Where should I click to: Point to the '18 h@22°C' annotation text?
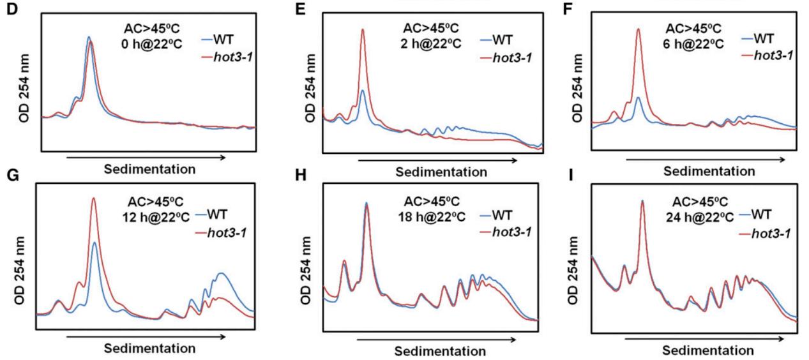tap(422, 217)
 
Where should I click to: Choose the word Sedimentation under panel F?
tap(709, 172)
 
